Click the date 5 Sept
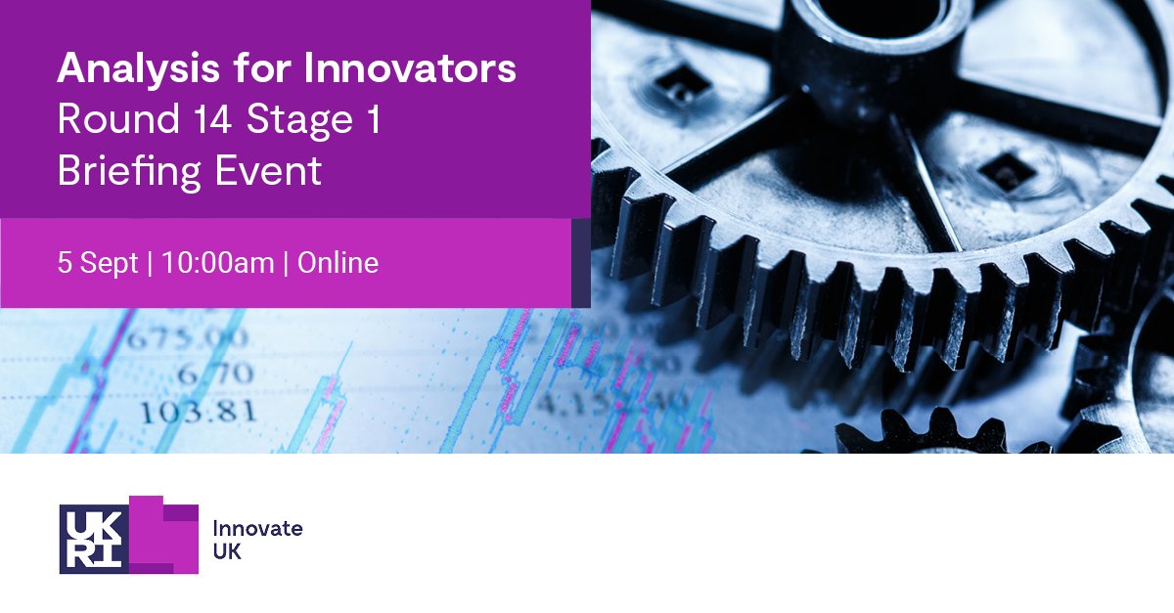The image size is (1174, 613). click(x=98, y=263)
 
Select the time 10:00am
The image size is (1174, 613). click(x=218, y=263)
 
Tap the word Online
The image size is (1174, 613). click(x=338, y=263)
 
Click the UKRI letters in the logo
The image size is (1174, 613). click(x=93, y=537)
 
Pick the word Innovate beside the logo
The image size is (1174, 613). click(x=257, y=529)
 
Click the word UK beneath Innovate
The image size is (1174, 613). click(x=227, y=552)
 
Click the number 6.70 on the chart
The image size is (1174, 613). click(x=216, y=374)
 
